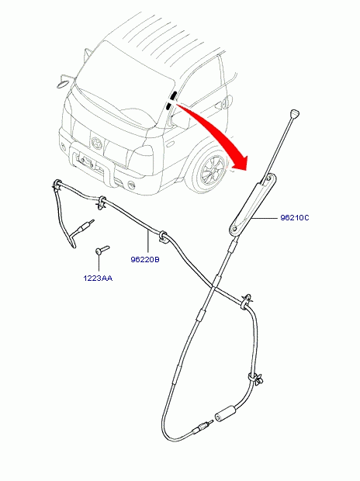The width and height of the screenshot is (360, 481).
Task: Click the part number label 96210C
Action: [295, 218]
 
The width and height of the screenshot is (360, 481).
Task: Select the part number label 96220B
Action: [145, 260]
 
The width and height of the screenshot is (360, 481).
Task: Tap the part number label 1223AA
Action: [98, 279]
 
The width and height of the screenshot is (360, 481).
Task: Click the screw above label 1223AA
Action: [102, 249]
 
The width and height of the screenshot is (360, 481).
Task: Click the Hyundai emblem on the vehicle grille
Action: [96, 142]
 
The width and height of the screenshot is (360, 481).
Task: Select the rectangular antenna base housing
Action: [253, 205]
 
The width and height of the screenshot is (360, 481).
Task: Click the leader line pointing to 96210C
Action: [265, 218]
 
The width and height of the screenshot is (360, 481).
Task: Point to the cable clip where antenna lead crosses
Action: [246, 302]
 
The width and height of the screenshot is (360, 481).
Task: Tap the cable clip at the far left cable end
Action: [57, 185]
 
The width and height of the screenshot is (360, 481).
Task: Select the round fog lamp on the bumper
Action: [131, 184]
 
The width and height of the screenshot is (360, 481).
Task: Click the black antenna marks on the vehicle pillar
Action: [171, 100]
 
